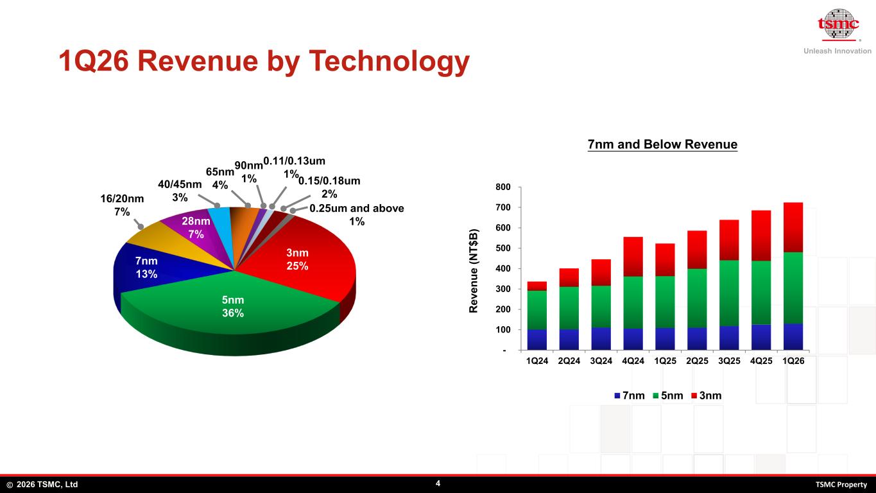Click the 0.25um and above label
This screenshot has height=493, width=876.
click(x=357, y=214)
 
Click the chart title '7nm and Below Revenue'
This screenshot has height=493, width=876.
click(x=662, y=144)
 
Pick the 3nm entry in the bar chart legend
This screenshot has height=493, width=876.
click(x=707, y=395)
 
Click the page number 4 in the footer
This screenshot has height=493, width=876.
click(x=438, y=483)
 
